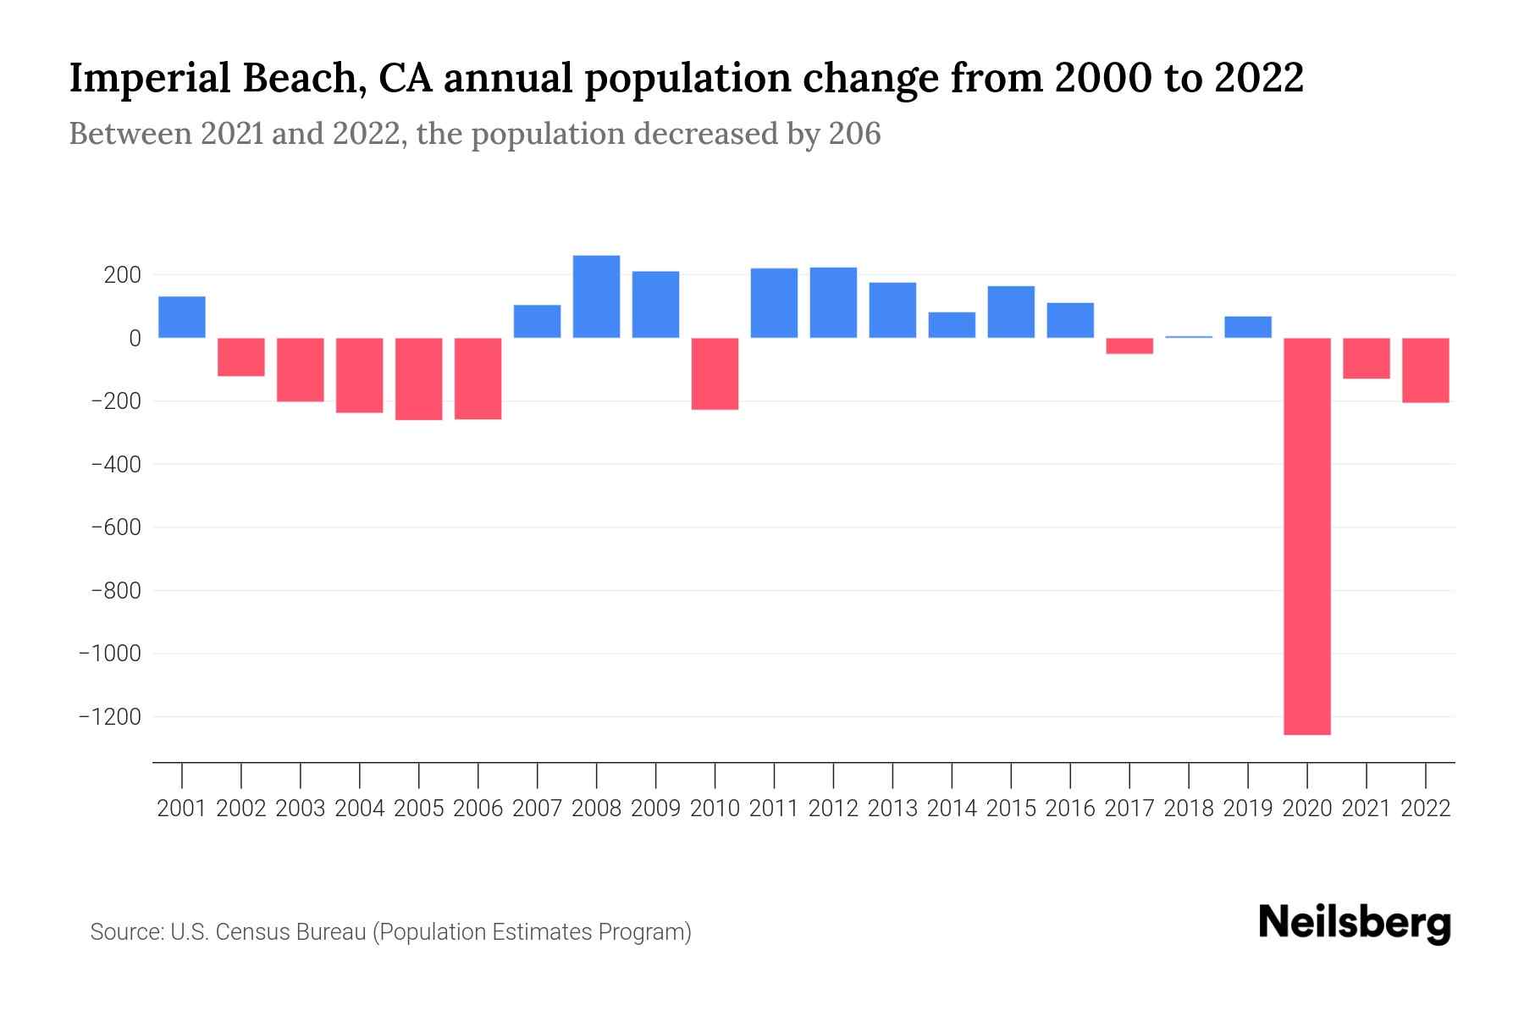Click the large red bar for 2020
1307,536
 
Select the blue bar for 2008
596,296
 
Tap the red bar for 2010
715,373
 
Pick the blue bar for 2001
182,317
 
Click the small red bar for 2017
1129,345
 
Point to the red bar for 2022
1426,370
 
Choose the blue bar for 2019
1248,327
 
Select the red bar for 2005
419,378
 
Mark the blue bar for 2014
952,325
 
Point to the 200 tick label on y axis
122,275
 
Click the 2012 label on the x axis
833,809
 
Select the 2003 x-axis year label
301,809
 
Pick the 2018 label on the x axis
1189,809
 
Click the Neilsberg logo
1355,923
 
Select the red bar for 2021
1367,358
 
